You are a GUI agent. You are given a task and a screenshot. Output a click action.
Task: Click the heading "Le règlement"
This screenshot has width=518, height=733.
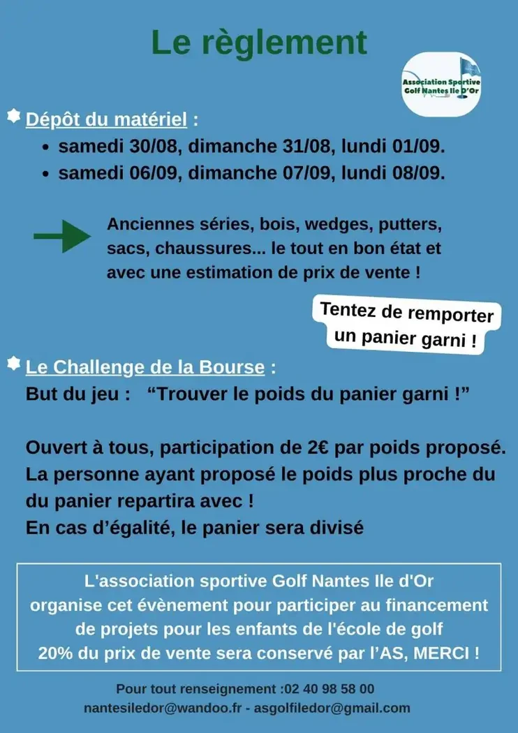tap(259, 43)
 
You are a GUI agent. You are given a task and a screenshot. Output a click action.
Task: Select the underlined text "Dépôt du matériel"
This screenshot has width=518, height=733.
tap(106, 120)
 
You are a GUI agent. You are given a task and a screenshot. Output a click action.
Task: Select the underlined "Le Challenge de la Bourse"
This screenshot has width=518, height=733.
tap(145, 367)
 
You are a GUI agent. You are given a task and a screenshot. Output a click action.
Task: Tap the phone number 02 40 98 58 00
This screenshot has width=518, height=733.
tap(327, 689)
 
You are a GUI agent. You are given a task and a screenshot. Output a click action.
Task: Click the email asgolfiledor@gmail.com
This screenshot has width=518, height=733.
tap(332, 708)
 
